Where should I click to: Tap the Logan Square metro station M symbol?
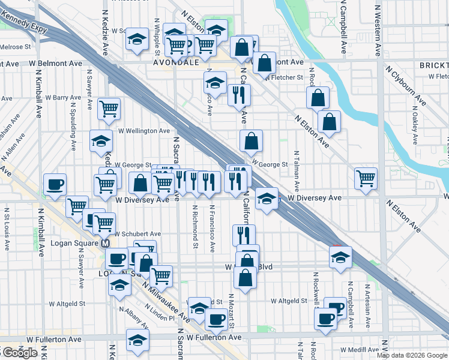pos(105,244)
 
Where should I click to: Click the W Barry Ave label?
pos(67,97)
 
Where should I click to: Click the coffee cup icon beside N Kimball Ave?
pos(55,184)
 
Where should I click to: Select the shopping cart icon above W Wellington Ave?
pos(109,109)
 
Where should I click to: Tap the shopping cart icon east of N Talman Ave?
pos(366,178)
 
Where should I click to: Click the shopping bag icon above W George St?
pos(252,141)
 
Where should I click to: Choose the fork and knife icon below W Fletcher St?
pos(239,94)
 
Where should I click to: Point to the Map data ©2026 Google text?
pos(412,355)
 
